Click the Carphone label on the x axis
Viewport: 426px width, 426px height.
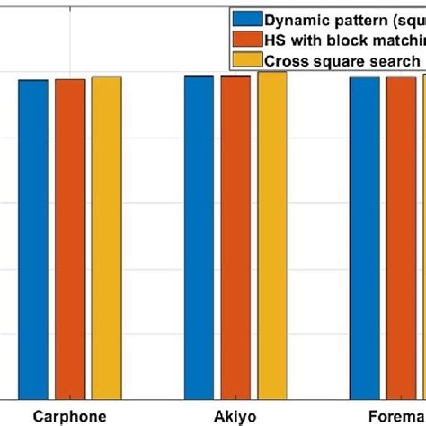pos(69,416)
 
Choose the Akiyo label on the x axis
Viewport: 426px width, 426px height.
pos(235,416)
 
